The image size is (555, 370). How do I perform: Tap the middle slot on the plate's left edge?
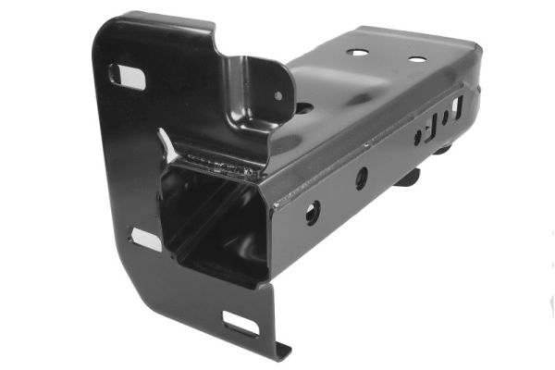pos(145,240)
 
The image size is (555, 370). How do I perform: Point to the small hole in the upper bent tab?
pos(277,94)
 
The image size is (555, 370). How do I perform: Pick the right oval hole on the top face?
pos(416,59)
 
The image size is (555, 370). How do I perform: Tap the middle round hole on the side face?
pos(361,178)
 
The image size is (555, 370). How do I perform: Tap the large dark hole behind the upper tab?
pos(302,107)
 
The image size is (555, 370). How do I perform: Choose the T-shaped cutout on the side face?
pos(431,126)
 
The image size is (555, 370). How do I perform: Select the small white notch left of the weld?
pos(166,142)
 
